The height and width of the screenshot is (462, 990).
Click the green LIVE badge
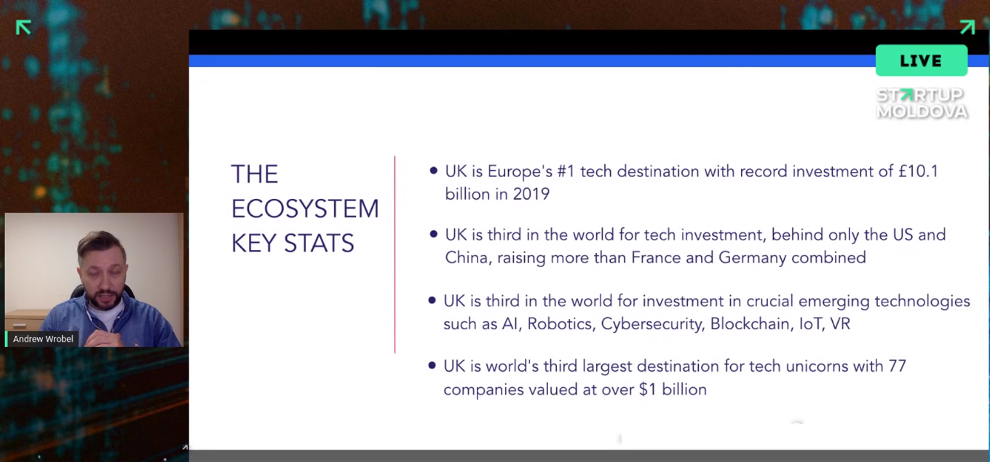pos(922,60)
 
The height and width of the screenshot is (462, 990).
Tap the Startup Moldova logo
pos(922,103)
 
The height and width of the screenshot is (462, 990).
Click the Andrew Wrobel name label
pos(43,339)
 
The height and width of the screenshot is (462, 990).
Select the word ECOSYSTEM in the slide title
pos(305,208)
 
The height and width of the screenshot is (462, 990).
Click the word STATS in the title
pos(319,243)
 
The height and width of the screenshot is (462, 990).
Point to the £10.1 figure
pos(919,171)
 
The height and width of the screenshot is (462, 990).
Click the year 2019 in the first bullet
pos(531,194)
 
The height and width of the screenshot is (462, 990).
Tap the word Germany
pos(752,257)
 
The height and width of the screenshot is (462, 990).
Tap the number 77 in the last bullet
pos(897,367)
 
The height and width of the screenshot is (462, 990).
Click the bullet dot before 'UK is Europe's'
pos(433,171)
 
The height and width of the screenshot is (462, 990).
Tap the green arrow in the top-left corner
pos(23,28)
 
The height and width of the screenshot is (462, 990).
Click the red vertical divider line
pos(395,254)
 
